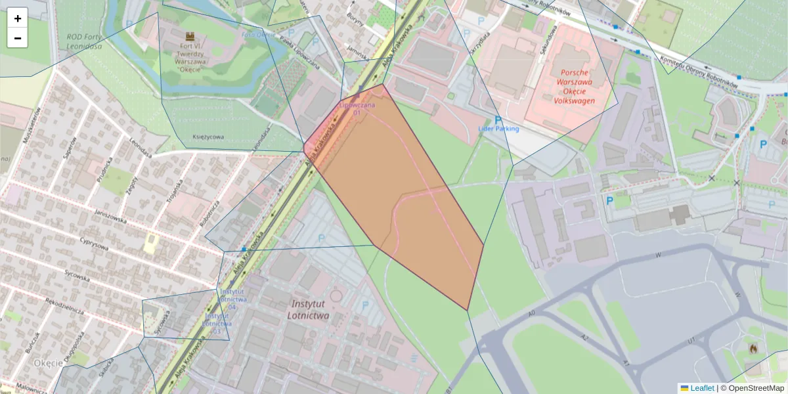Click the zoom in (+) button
point(18,18)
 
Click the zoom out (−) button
point(18,38)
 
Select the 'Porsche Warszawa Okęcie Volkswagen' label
point(574,87)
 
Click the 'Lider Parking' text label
point(498,129)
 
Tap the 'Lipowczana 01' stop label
point(357,108)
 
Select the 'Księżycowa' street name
point(208,137)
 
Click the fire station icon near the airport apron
point(753,348)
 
